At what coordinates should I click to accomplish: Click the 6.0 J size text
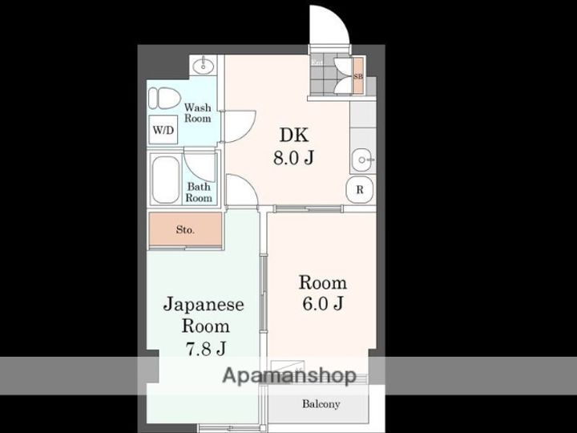click(322, 304)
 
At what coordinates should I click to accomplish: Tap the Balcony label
click(321, 404)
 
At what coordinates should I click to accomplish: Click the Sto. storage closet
click(184, 230)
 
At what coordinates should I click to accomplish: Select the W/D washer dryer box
click(162, 129)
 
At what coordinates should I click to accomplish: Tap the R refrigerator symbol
click(361, 191)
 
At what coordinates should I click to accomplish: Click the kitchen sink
click(362, 160)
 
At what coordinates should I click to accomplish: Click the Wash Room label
click(197, 112)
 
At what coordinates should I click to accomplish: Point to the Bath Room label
click(199, 192)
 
